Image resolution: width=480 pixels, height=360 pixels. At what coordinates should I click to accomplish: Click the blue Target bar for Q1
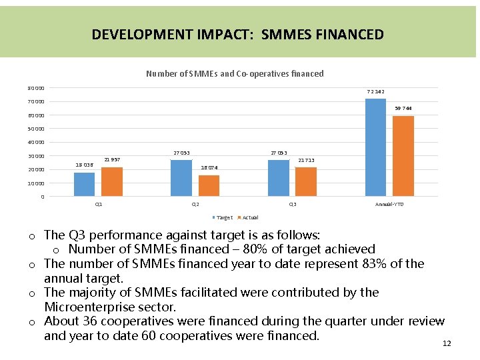click(x=85, y=184)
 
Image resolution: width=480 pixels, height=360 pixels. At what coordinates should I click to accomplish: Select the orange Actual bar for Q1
click(x=112, y=181)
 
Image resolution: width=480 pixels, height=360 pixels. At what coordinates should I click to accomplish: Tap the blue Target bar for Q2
click(x=181, y=178)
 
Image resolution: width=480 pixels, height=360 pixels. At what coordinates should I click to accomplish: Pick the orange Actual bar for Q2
click(x=209, y=185)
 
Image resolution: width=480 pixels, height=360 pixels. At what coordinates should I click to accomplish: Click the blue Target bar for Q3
click(x=279, y=178)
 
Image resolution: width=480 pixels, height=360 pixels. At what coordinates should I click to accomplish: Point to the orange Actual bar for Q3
click(x=306, y=181)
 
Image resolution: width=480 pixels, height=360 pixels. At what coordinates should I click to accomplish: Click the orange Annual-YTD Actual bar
click(x=403, y=156)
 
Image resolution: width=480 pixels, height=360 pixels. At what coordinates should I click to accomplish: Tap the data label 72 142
click(x=376, y=91)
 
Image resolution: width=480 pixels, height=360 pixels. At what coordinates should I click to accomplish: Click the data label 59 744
click(x=404, y=108)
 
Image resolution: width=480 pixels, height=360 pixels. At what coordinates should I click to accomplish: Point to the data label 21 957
click(x=112, y=159)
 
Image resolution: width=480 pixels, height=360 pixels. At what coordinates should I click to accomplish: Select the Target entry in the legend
click(x=224, y=217)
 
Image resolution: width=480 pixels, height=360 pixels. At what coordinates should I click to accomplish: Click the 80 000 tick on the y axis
click(x=37, y=88)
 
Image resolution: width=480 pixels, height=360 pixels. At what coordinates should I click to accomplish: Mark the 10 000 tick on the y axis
click(x=37, y=183)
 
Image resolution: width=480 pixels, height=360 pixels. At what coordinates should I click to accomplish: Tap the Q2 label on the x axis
click(x=195, y=204)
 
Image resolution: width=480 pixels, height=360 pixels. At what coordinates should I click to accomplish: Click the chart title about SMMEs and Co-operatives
click(x=235, y=74)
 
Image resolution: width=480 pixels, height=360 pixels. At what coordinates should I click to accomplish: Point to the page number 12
click(x=447, y=343)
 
